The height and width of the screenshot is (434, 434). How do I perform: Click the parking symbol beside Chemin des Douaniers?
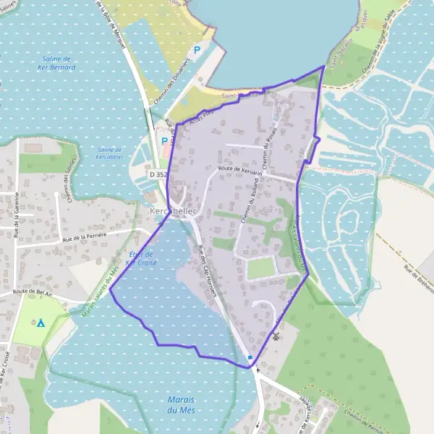click(x=196, y=51)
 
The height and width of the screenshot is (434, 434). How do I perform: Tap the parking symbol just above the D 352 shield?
click(x=164, y=141)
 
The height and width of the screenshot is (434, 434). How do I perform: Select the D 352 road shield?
click(x=158, y=174)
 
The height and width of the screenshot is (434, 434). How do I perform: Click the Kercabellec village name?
click(x=173, y=210)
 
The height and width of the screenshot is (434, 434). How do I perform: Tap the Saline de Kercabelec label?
click(x=115, y=153)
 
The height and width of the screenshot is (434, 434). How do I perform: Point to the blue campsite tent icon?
click(x=41, y=323)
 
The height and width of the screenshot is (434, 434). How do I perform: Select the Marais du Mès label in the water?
click(x=182, y=405)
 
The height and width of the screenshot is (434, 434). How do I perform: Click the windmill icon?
click(x=275, y=336)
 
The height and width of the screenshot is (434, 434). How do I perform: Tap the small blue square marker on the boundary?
click(x=250, y=357)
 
